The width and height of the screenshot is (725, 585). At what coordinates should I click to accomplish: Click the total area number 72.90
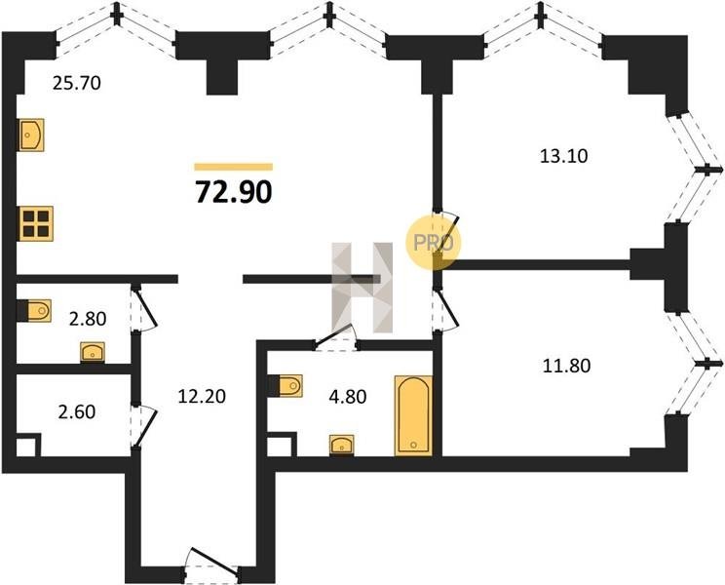point(234,191)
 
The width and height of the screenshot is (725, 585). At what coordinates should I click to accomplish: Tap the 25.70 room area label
point(76,84)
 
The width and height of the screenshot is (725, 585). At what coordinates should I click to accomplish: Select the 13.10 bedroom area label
point(565,154)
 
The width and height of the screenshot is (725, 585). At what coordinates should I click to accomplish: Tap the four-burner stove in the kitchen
point(36,224)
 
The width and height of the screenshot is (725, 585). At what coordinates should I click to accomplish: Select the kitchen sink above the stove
point(31,135)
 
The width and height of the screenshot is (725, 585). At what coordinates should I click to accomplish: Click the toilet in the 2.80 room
point(34,311)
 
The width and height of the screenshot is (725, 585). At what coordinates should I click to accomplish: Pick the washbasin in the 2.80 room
point(93,350)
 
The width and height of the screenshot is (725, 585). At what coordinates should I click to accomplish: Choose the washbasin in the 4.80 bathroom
point(342,446)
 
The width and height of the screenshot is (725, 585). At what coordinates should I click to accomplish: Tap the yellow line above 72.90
point(234,167)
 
